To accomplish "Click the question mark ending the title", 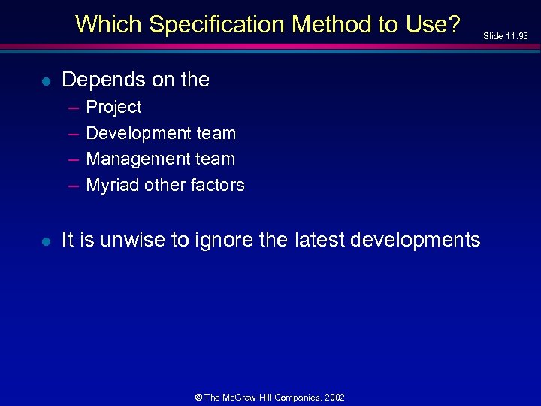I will click(x=452, y=24).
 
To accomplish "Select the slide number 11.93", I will click(x=517, y=36).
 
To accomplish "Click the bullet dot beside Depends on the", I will click(x=46, y=80).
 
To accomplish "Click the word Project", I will click(x=113, y=108).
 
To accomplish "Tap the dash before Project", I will click(x=74, y=108).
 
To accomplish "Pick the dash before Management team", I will click(x=74, y=159).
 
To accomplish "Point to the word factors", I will click(x=218, y=185).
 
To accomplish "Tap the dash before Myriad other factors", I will click(x=74, y=186).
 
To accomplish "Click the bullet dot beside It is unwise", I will click(x=46, y=241).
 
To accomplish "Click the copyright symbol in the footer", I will click(x=199, y=397).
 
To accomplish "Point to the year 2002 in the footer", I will click(x=334, y=397).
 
